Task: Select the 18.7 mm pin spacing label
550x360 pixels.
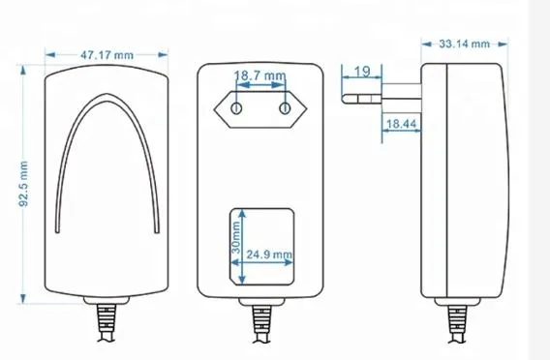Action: click(x=260, y=75)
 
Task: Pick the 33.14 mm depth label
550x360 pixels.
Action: click(x=464, y=44)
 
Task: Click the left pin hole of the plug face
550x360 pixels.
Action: click(x=233, y=109)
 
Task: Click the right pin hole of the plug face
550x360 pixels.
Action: click(x=285, y=109)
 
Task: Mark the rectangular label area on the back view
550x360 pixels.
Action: click(x=261, y=246)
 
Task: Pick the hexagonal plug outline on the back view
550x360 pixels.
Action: click(x=260, y=109)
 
